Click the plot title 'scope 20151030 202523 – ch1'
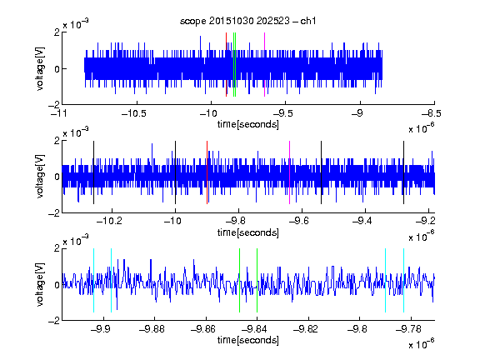tap(248, 21)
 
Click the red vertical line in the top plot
tap(226, 65)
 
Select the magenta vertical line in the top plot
tap(264, 65)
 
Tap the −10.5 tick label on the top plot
tap(134, 114)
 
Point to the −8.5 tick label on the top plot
tap(432, 114)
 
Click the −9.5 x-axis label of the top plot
tap(283, 114)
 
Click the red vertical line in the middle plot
tap(207, 172)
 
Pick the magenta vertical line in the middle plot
tap(290, 172)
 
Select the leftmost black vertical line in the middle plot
tap(93, 172)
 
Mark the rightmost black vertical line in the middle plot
tap(404, 172)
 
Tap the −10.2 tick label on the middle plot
tap(109, 221)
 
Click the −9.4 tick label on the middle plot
tap(362, 221)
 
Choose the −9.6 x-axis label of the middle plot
tap(299, 221)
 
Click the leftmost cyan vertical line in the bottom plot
tap(93, 280)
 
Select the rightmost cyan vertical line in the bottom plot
tap(404, 280)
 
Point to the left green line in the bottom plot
tap(240, 280)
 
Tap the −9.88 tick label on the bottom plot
tap(152, 329)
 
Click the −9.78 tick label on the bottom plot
tap(408, 329)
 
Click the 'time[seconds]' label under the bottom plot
tap(248, 340)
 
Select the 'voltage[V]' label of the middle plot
tap(40, 177)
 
